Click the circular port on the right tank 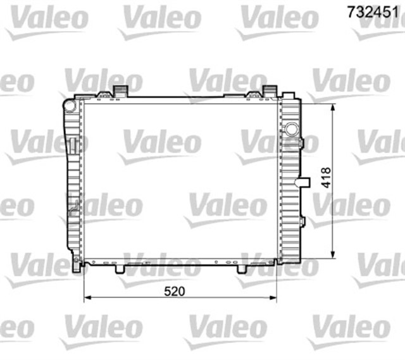[x=292, y=130]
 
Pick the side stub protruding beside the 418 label [x=306, y=183]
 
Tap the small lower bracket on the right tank [x=302, y=221]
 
